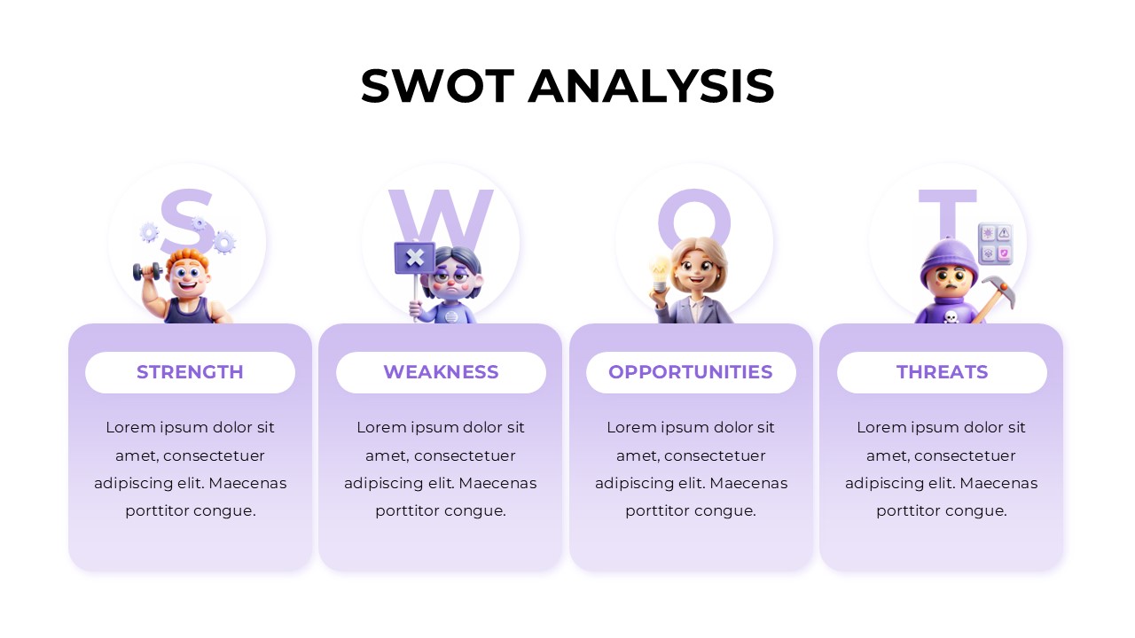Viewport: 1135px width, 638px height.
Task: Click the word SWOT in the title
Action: pyautogui.click(x=437, y=86)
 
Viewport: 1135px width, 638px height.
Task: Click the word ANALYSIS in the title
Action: pyautogui.click(x=651, y=86)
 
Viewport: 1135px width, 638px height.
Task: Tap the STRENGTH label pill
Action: pyautogui.click(x=190, y=372)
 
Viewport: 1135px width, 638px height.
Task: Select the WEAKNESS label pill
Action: pyautogui.click(x=441, y=372)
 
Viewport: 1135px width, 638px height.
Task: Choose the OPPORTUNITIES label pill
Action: pyautogui.click(x=691, y=372)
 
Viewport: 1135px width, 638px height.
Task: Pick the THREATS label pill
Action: pyautogui.click(x=942, y=372)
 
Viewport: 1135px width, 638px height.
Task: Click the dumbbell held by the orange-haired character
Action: pyautogui.click(x=147, y=271)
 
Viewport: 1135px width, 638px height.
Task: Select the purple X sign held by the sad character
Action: pyautogui.click(x=414, y=258)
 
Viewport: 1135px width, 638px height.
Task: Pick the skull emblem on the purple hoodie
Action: pyautogui.click(x=951, y=315)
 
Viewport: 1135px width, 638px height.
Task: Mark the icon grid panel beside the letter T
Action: pyautogui.click(x=995, y=244)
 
